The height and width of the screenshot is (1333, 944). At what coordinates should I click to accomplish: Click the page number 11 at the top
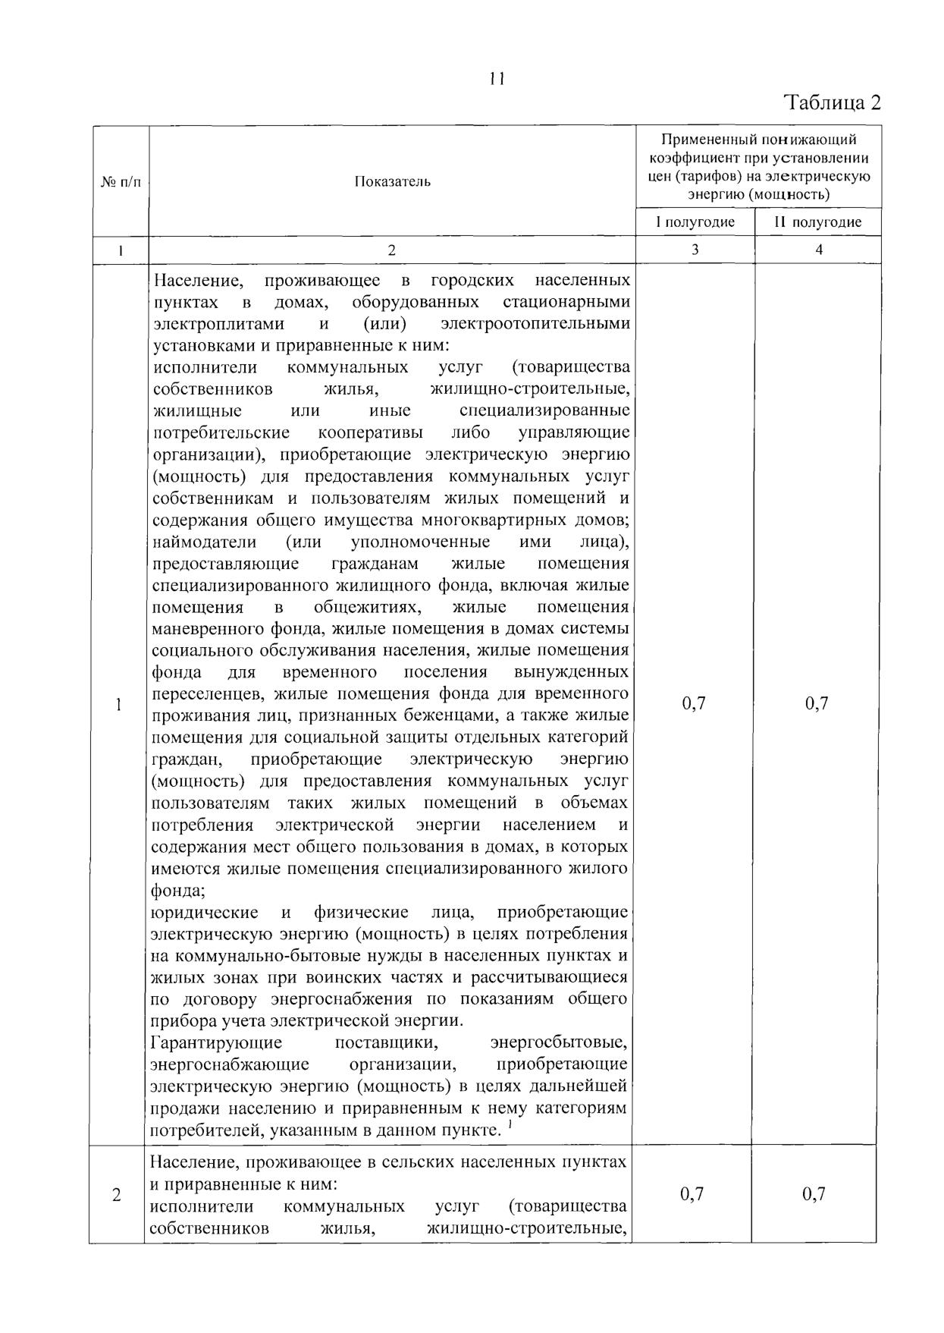click(497, 79)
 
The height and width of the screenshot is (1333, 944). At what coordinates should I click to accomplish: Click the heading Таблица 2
click(833, 102)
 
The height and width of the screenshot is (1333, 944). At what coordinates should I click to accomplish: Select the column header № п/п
click(121, 181)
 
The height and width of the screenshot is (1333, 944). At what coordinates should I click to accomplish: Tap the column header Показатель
click(392, 181)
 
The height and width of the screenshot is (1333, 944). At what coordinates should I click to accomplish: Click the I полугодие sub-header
click(695, 222)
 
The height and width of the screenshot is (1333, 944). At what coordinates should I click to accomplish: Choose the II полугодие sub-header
click(817, 222)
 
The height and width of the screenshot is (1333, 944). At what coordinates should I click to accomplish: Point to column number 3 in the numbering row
click(695, 250)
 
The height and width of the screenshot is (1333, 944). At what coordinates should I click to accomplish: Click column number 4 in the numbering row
click(818, 250)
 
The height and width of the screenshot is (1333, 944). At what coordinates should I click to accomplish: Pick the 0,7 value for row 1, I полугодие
click(694, 703)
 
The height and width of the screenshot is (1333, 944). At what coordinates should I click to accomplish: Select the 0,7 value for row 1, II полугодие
click(817, 703)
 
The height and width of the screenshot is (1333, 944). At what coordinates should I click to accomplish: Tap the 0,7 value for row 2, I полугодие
click(692, 1194)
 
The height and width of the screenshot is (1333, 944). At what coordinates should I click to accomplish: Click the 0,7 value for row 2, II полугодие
click(814, 1194)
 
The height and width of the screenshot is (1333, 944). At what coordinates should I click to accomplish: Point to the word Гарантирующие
click(217, 1042)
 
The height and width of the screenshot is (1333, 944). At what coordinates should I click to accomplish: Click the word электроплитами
click(218, 324)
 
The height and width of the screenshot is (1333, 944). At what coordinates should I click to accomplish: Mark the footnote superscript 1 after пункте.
click(510, 1126)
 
